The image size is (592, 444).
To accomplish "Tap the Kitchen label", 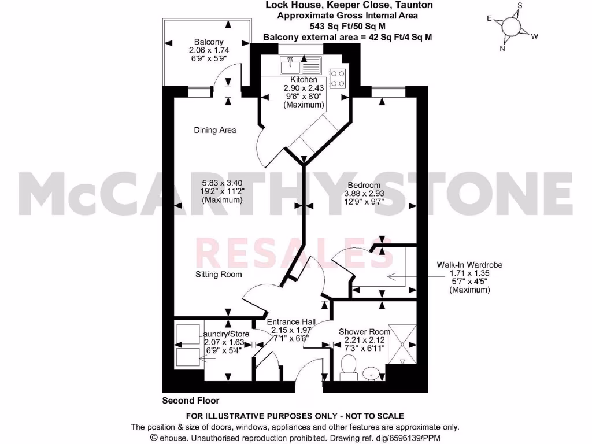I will [304, 79].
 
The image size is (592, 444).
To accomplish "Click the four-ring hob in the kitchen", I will [338, 77].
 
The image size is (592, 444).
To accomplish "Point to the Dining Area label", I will [214, 130].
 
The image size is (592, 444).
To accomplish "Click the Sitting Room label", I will [218, 274].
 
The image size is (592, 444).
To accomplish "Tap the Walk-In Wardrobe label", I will [469, 265].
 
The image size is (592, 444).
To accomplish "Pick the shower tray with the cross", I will [402, 343].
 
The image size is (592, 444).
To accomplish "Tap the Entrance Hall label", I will [291, 322].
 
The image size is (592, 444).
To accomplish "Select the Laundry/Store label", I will [224, 334].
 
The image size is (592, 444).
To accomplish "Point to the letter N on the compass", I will [502, 49].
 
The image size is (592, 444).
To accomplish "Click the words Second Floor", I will [191, 400].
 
